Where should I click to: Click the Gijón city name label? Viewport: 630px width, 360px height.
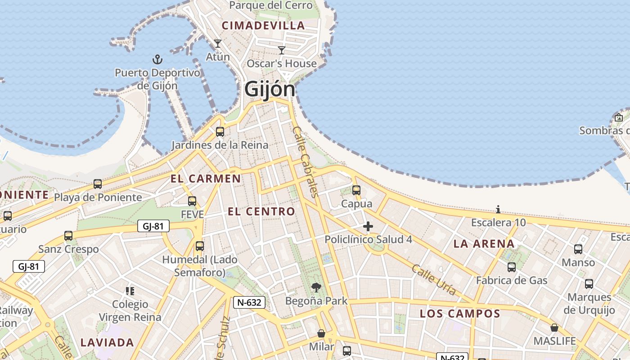[270, 89]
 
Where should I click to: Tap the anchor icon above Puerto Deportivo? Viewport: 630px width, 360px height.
[157, 59]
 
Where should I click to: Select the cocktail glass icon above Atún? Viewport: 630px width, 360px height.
[218, 44]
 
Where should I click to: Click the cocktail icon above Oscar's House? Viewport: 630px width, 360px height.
[282, 50]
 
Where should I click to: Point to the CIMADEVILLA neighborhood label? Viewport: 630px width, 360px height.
[264, 26]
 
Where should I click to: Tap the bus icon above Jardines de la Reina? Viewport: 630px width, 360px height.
[220, 132]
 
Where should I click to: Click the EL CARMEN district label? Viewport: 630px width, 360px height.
[206, 179]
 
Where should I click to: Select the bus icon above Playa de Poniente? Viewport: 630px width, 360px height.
[98, 184]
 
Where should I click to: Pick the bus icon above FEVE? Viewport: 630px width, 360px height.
[192, 201]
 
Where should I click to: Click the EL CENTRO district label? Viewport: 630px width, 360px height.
[261, 211]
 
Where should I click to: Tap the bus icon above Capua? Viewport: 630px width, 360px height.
[356, 190]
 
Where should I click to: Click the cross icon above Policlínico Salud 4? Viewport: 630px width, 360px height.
[368, 226]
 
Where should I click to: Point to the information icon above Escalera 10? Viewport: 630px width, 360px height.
[498, 209]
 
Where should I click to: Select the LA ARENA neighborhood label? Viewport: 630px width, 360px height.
[484, 244]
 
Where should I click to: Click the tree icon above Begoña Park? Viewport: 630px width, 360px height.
[316, 287]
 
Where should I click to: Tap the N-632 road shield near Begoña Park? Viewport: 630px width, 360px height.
[249, 302]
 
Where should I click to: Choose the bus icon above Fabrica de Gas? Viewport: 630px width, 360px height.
[512, 267]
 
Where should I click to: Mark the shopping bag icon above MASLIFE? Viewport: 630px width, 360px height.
[554, 328]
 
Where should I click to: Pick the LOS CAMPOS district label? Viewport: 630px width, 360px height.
[460, 314]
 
